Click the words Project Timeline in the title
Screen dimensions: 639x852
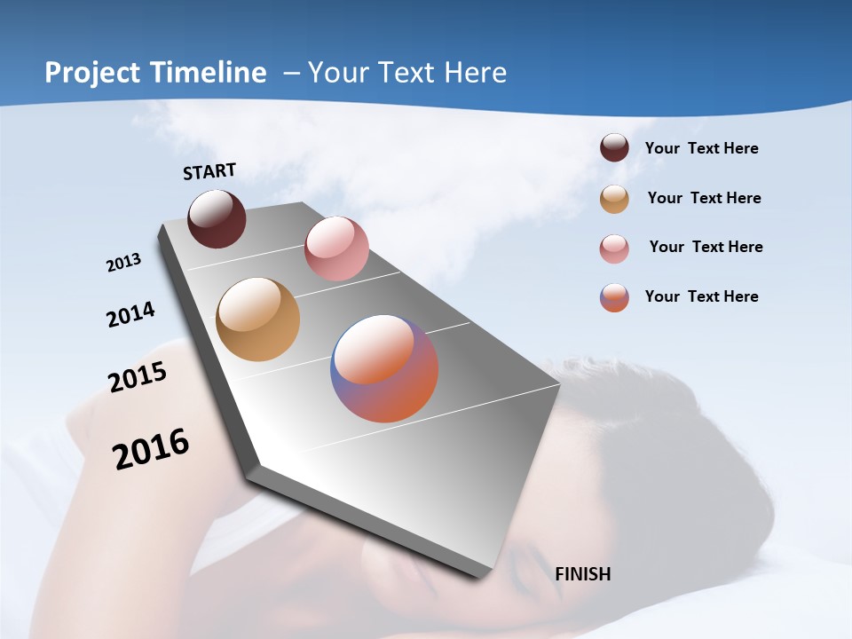(x=155, y=73)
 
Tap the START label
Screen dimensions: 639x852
(x=209, y=171)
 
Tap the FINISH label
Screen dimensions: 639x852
(x=583, y=574)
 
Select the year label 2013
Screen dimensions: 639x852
(x=123, y=263)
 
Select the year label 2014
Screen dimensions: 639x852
(x=130, y=314)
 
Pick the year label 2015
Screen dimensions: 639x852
(x=138, y=376)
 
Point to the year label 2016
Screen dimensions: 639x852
(x=151, y=449)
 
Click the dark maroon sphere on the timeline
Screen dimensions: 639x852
(x=217, y=218)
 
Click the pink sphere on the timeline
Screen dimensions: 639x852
(x=336, y=248)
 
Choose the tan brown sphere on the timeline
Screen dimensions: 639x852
(x=258, y=319)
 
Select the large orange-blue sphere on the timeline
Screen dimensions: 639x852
(x=384, y=368)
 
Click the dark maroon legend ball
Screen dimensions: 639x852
(x=614, y=147)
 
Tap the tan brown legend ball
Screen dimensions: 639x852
(x=614, y=199)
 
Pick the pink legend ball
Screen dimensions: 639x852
(x=614, y=248)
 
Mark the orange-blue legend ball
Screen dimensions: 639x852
(x=614, y=297)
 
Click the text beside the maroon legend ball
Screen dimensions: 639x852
(x=701, y=148)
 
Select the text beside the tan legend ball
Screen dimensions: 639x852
(x=704, y=198)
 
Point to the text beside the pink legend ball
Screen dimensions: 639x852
(x=706, y=247)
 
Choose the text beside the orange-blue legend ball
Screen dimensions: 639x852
(x=701, y=296)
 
